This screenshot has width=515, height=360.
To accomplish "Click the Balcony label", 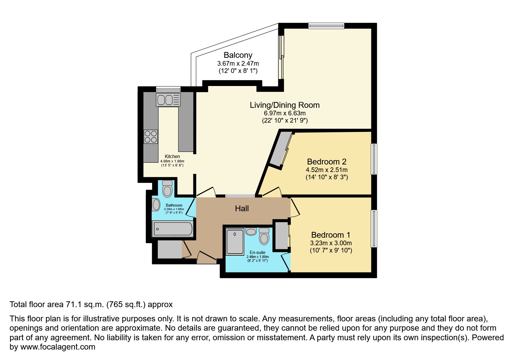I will pos(238,55).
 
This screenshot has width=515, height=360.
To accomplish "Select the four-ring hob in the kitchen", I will pos(151,137).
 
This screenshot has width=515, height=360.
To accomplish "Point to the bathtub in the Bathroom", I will pos(172,229).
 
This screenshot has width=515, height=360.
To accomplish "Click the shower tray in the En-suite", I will pos(235,242).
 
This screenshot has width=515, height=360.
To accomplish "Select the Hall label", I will pos(242,208).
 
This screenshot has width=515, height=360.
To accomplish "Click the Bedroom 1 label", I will pos(331,235).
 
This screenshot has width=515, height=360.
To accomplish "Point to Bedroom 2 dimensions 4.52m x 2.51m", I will pos(327,170).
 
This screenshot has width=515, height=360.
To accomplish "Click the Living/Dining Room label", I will pos(284,105).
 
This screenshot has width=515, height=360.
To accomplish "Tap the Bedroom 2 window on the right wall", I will pos(374,159).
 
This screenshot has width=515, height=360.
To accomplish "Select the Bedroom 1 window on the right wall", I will pos(374,229).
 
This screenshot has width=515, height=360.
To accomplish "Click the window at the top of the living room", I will pos(326,26).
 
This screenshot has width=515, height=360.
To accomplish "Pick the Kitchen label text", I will pos(172,156).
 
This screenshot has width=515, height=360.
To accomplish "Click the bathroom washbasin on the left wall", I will pos(156,205).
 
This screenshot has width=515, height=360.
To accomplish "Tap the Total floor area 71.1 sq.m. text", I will pos(91,305).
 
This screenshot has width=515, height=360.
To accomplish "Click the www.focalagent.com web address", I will pos(58,347).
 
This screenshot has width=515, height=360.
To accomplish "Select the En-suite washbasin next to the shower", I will pos(251,232).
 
